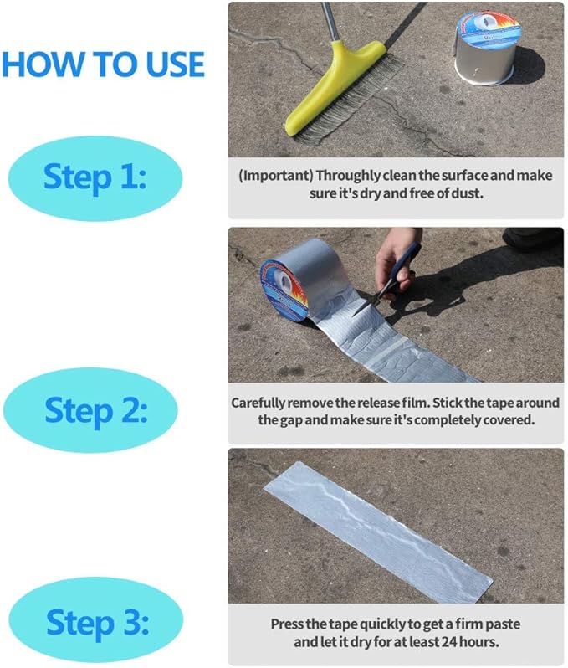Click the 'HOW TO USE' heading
(x=103, y=64)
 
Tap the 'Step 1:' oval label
(x=95, y=177)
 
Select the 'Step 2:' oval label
(x=95, y=410)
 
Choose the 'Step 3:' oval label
(x=95, y=622)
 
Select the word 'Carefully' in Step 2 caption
(x=259, y=403)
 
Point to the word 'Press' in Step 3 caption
(x=286, y=624)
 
